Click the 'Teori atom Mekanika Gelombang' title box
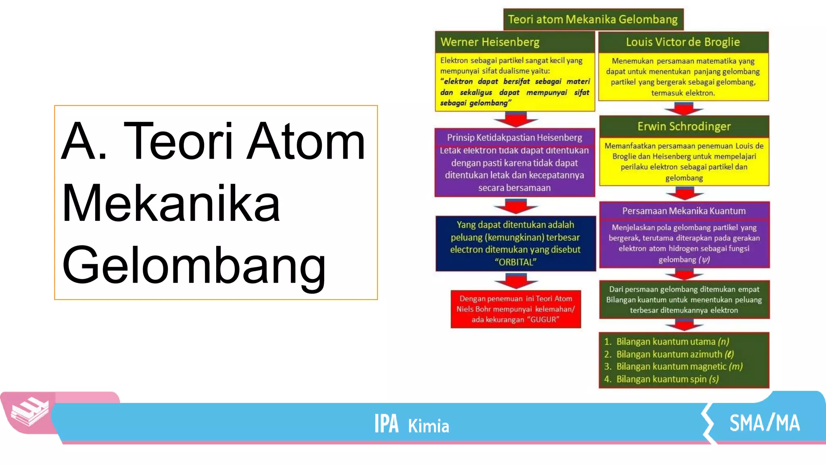coord(593,19)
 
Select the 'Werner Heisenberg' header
coord(490,42)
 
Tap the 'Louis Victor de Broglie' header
coord(683,42)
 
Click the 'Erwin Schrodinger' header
coord(684,126)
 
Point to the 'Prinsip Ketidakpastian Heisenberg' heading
coord(514,138)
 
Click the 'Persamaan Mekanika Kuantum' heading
coord(684,211)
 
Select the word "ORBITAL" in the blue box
coord(515,262)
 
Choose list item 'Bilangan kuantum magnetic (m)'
coord(679,367)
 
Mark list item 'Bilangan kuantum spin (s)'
coord(667,379)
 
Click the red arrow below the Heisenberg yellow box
coord(515,120)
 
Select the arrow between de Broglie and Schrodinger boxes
coord(684,109)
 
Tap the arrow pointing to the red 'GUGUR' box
coord(515,281)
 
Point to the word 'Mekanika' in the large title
coord(171,203)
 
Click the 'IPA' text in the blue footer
coord(386,424)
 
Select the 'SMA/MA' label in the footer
coord(764,423)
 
